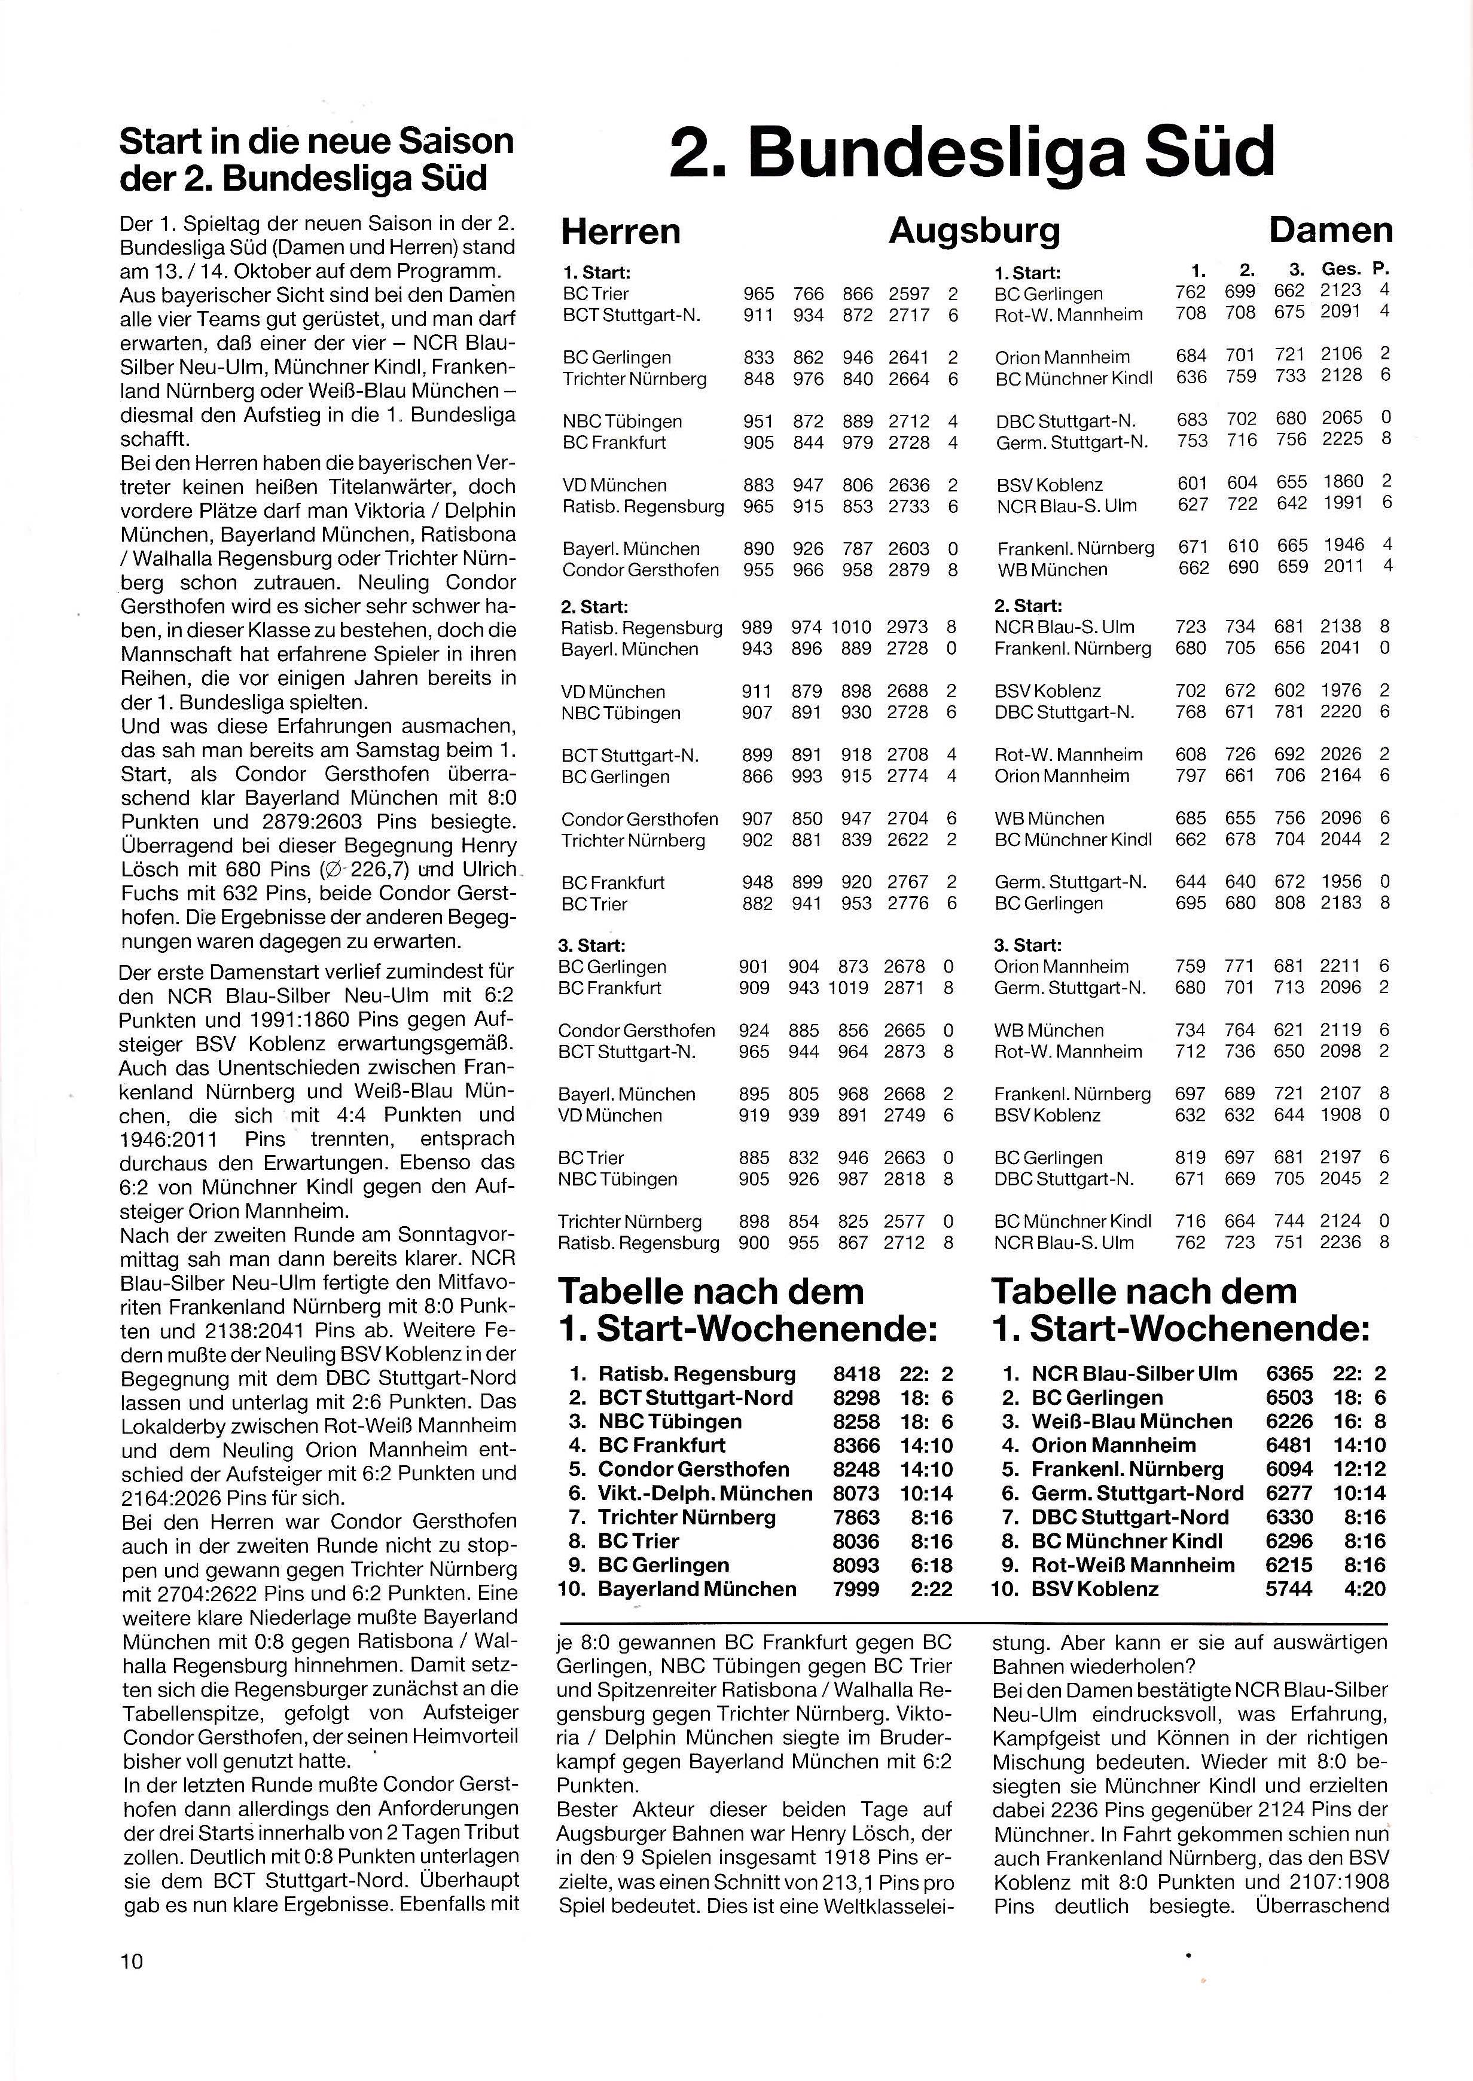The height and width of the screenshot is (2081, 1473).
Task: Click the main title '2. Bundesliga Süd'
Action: click(x=971, y=152)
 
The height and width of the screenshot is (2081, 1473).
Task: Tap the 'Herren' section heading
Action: click(x=620, y=231)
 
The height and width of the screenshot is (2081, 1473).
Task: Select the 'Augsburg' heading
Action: click(x=974, y=231)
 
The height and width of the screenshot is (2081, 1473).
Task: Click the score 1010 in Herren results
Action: click(x=850, y=628)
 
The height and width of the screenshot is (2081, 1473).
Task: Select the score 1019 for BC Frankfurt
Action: click(x=850, y=988)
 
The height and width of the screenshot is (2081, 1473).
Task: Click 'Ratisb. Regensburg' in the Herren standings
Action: click(x=697, y=1374)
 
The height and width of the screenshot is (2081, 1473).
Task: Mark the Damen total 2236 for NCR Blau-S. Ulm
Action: click(x=1341, y=1242)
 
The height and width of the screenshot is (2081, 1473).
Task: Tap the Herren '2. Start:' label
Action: click(x=594, y=607)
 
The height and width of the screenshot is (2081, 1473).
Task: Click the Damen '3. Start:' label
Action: click(x=1027, y=946)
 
